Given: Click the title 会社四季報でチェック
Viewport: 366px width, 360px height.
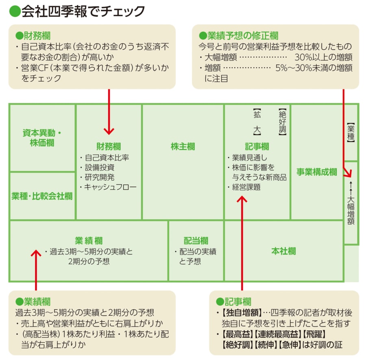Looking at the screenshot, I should click(x=77, y=11).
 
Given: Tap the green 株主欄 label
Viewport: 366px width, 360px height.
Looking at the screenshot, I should click(x=183, y=146).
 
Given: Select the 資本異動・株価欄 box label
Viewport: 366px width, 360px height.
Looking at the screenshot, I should click(x=42, y=137).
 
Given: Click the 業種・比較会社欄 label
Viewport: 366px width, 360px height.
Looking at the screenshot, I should click(x=42, y=196).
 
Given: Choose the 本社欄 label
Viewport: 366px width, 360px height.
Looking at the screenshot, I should click(x=283, y=251).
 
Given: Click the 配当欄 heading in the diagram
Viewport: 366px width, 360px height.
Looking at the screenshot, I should click(x=196, y=240).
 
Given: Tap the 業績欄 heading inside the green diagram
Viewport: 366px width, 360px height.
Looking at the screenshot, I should click(x=89, y=240).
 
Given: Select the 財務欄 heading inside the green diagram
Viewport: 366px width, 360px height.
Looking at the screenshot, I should click(x=109, y=146).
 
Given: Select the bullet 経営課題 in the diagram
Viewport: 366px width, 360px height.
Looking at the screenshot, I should click(x=246, y=187).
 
